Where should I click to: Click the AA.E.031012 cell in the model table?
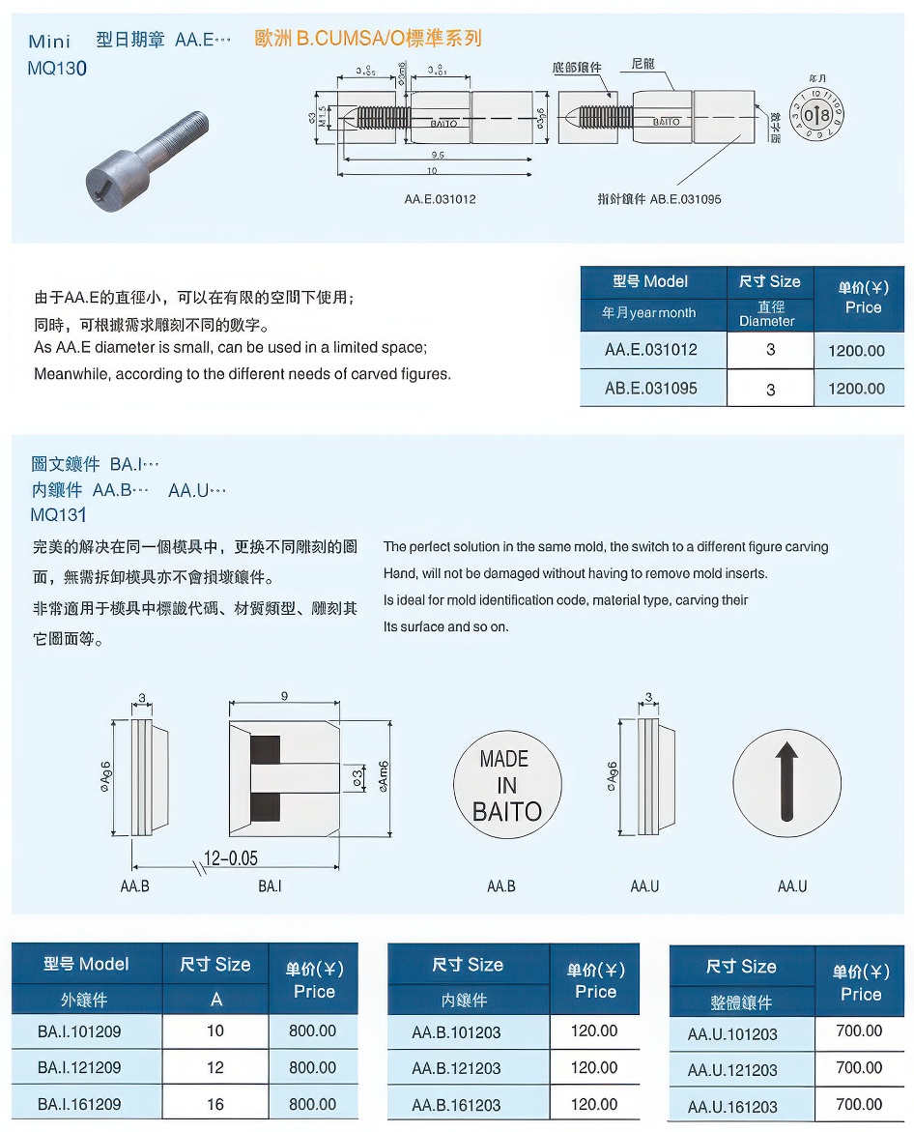651,350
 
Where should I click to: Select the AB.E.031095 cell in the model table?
651,389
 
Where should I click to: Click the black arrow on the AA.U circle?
787,780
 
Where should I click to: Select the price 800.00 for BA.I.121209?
313,1067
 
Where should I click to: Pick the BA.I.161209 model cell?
80,1104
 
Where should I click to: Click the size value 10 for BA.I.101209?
215,1030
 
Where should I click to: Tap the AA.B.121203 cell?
456,1068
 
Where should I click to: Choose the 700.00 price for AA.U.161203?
859,1104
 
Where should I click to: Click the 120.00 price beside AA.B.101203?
594,1030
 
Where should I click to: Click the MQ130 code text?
58,69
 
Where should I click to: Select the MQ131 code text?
58,514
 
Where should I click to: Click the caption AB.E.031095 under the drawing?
659,199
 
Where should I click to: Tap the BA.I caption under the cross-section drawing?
270,885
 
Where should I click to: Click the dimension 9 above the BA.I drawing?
283,696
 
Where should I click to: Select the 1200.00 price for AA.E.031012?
856,351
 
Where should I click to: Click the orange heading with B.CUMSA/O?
367,39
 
